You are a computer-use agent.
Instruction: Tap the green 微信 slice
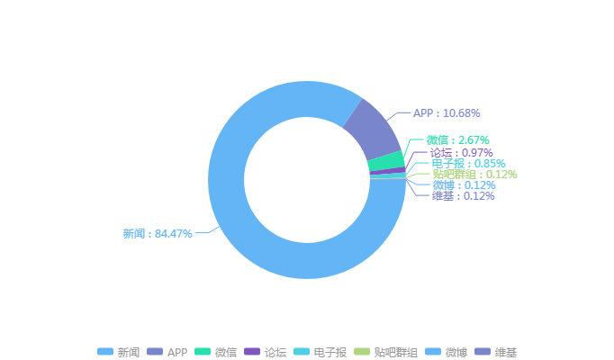[385, 161]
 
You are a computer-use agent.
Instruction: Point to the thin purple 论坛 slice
[387, 170]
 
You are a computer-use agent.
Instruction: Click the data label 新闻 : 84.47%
[158, 233]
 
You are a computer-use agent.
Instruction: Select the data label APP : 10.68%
[446, 113]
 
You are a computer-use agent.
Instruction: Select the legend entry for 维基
[496, 352]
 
